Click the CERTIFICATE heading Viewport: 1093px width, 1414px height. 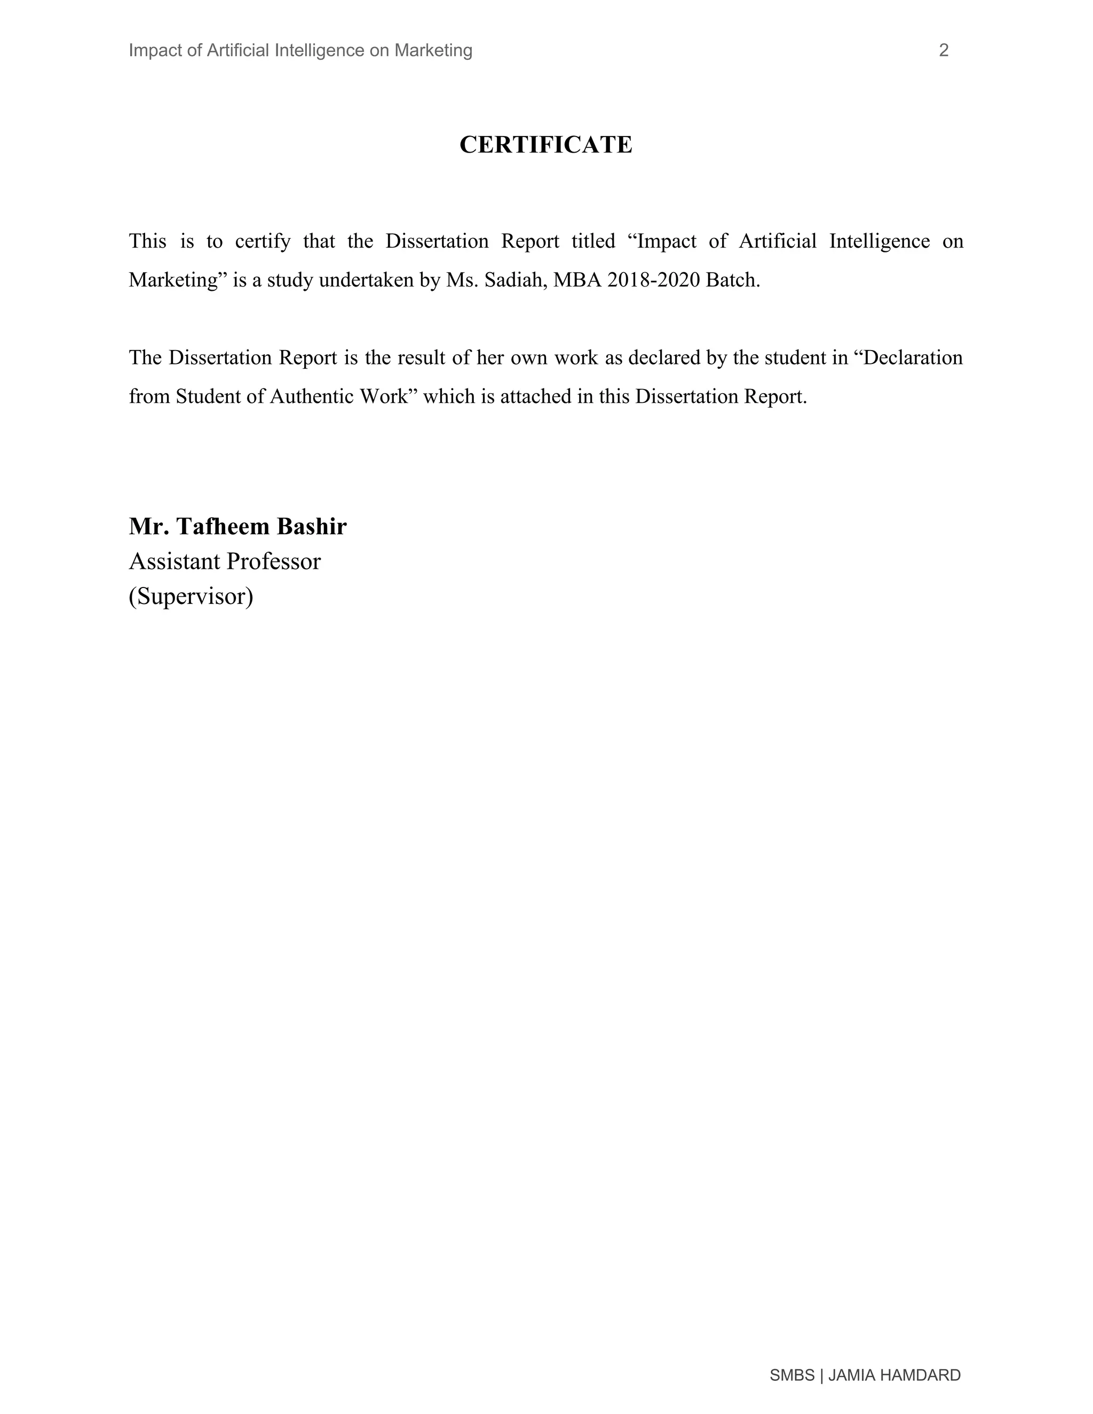[x=545, y=145]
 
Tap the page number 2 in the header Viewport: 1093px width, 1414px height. [x=944, y=51]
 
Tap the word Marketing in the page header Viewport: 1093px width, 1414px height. [x=433, y=51]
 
